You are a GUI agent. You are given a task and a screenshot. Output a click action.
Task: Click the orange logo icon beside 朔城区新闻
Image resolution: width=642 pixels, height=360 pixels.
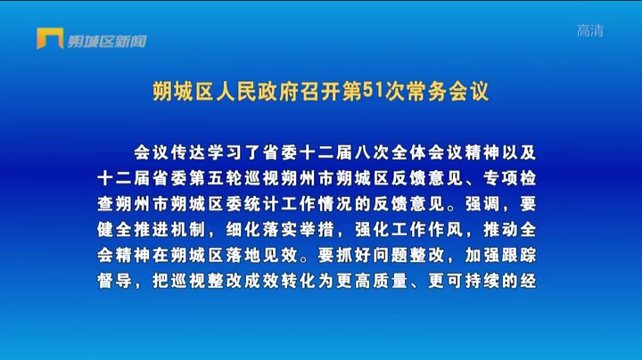pyautogui.click(x=50, y=38)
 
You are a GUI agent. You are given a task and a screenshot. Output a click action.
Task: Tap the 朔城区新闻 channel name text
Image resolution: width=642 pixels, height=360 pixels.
pyautogui.click(x=107, y=41)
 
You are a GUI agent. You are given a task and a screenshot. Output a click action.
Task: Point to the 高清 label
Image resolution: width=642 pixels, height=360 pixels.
pyautogui.click(x=590, y=30)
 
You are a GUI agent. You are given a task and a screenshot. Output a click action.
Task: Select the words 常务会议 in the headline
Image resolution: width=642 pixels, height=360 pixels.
pyautogui.click(x=448, y=92)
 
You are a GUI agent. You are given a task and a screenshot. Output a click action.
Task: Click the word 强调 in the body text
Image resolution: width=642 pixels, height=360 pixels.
pyautogui.click(x=483, y=204)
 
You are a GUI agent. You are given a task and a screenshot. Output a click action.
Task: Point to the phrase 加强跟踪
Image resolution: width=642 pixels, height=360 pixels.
pyautogui.click(x=500, y=255)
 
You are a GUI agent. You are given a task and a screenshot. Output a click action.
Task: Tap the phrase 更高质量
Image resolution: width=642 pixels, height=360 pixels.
pyautogui.click(x=372, y=281)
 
